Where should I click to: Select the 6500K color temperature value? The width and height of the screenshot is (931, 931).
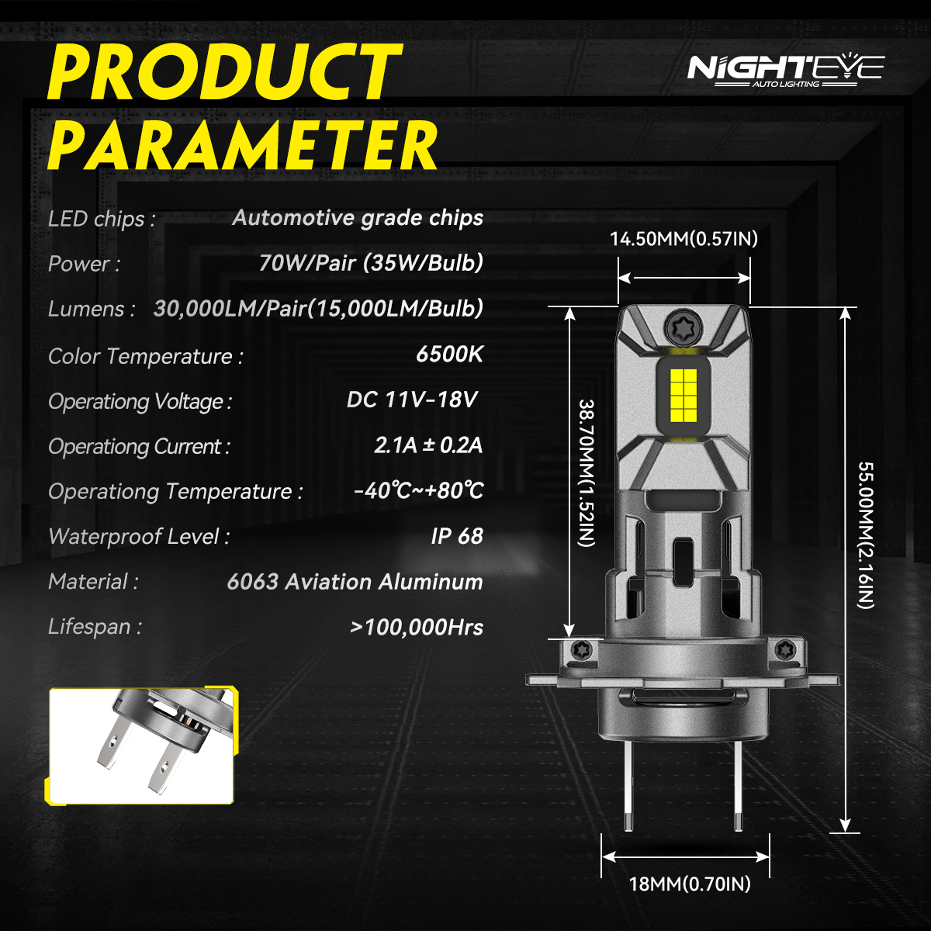coord(449,355)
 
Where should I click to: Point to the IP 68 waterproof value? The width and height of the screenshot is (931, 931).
coord(456,536)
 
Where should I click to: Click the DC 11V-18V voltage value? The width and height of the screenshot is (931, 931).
coord(412,400)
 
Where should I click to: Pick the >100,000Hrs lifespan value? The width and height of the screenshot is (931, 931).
coord(417,627)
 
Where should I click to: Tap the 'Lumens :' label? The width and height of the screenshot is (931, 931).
coord(92,310)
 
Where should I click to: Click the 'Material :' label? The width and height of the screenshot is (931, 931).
coord(93,582)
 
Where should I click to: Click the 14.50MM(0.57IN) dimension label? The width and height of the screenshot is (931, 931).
coord(684,239)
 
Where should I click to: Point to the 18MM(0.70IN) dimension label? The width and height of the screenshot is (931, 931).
coord(690,884)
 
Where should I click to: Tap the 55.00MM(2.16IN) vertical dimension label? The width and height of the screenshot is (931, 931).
coord(866,535)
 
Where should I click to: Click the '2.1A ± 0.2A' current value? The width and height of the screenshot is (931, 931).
coord(428,445)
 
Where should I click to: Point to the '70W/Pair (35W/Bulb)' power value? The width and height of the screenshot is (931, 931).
coord(371,263)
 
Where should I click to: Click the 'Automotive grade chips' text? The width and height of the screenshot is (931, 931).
coord(358,218)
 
